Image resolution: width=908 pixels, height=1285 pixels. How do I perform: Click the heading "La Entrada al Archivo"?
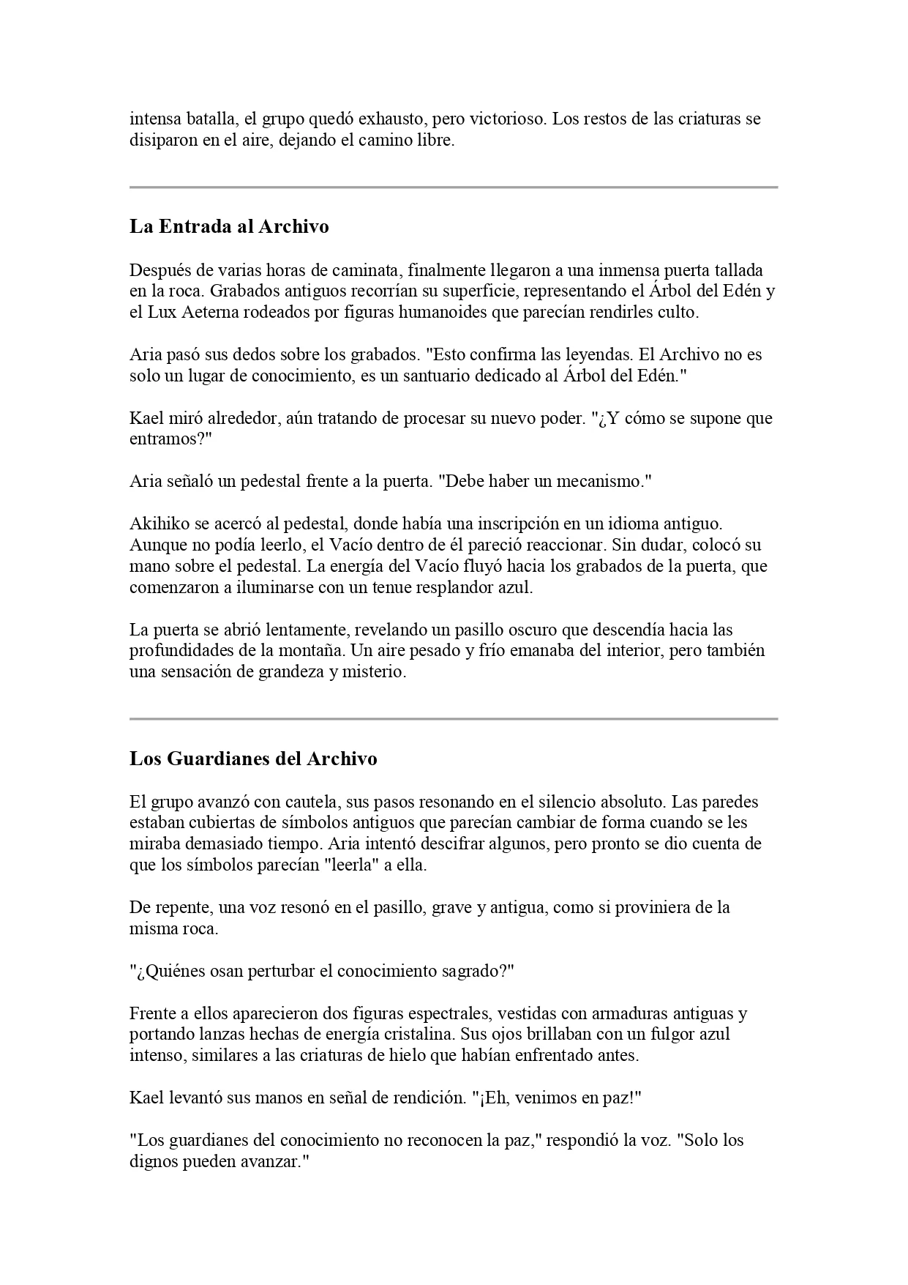229,227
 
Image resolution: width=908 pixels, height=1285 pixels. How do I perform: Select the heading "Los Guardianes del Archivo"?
253,759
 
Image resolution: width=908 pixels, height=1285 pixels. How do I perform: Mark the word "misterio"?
372,671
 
